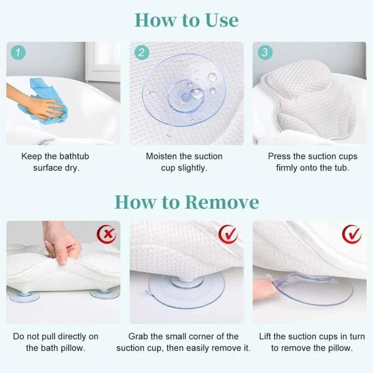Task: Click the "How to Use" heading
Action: coord(187,20)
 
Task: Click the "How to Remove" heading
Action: coord(187,201)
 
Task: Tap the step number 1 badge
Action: coord(19,52)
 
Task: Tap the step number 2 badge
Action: coord(142,52)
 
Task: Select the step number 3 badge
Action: coord(265,52)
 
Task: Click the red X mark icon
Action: coord(107,234)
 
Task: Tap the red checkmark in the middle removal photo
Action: coord(228,234)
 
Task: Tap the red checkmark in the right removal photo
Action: coord(352,234)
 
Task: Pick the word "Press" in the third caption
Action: coord(279,156)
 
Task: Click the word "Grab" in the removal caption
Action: coord(139,336)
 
